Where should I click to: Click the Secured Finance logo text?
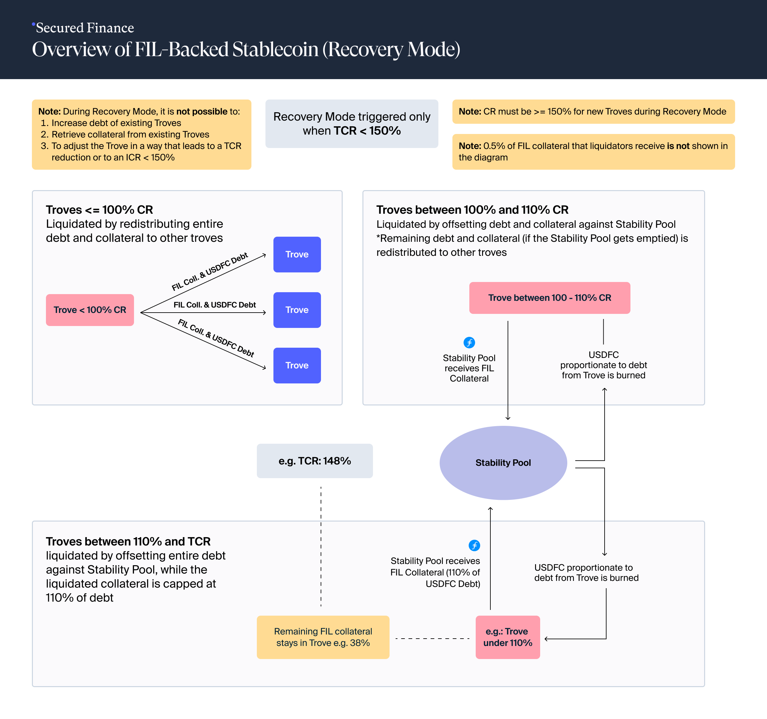85,28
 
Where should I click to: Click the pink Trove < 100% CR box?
90,310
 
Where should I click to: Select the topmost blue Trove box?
297,254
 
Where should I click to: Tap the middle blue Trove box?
297,310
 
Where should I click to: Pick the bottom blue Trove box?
297,365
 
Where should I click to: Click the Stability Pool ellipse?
503,463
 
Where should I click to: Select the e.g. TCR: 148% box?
315,461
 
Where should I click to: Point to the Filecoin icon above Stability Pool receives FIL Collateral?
469,342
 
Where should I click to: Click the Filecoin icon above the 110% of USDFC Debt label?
474,545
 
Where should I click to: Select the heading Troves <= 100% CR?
99,210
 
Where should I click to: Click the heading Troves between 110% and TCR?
128,541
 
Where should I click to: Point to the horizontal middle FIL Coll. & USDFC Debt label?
214,305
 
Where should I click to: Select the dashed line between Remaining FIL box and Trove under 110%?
432,638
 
